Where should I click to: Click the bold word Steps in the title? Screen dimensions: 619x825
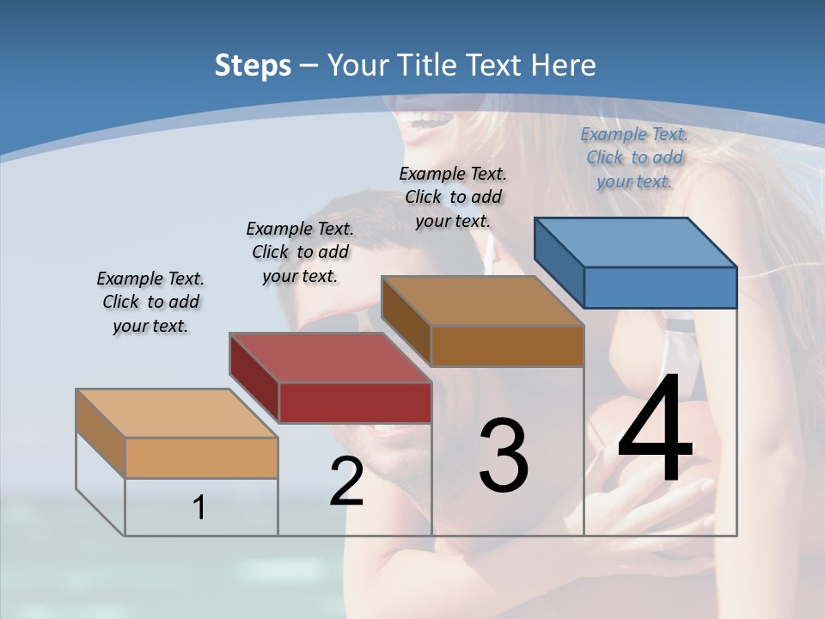(x=253, y=65)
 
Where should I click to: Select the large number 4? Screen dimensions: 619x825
(x=655, y=430)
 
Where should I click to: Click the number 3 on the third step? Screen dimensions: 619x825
(x=503, y=456)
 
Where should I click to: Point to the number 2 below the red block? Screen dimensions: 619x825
(x=346, y=481)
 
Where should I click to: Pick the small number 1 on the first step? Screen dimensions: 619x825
(x=199, y=508)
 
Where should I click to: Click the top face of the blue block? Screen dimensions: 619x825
(x=636, y=242)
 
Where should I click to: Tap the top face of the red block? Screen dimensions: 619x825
(x=330, y=358)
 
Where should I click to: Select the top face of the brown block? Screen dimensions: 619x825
(x=482, y=301)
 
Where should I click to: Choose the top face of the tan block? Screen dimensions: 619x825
(x=176, y=414)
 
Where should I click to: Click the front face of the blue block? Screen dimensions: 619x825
(x=660, y=287)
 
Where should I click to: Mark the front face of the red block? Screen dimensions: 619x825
(x=355, y=402)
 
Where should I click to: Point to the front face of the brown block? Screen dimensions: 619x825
(x=507, y=346)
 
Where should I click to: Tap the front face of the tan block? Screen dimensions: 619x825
(x=201, y=458)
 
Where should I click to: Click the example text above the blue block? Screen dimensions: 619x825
(x=634, y=157)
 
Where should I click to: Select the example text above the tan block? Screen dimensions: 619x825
(x=150, y=302)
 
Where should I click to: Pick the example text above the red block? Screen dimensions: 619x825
(x=300, y=252)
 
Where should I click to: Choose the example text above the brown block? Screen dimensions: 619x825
(x=453, y=197)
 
